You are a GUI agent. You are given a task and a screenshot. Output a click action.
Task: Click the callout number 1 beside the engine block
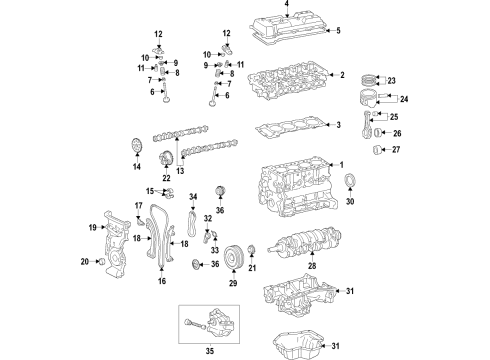[x=341, y=165]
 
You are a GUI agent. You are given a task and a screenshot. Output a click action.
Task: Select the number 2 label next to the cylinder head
[x=341, y=76]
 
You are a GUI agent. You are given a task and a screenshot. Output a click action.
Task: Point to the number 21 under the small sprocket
[x=252, y=268]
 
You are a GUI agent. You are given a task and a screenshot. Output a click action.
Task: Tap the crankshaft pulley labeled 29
[x=234, y=254]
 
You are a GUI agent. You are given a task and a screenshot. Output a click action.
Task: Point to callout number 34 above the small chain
[x=193, y=197]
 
